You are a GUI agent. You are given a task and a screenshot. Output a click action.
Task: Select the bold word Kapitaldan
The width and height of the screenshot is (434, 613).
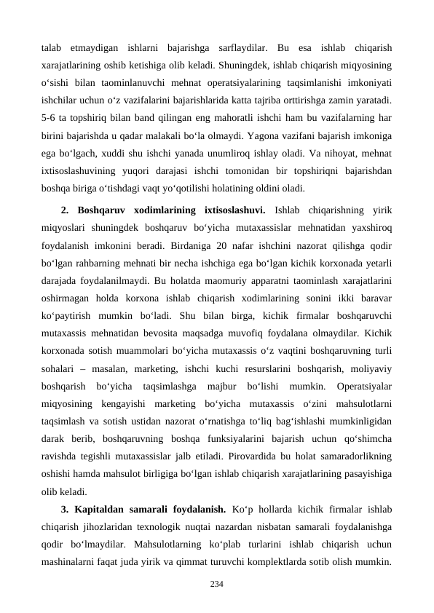click(104, 507)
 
